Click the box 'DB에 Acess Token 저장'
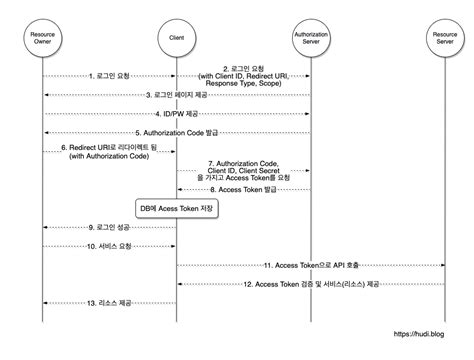(x=176, y=208)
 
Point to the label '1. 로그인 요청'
(x=109, y=76)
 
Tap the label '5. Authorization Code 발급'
(x=176, y=132)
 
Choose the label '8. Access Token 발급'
(x=243, y=189)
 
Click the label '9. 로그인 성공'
(x=109, y=228)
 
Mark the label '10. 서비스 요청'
(x=109, y=246)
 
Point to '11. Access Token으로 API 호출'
(x=310, y=265)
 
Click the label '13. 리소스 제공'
(x=109, y=303)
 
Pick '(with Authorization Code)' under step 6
(x=109, y=156)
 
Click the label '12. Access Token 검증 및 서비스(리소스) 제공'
(x=310, y=284)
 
